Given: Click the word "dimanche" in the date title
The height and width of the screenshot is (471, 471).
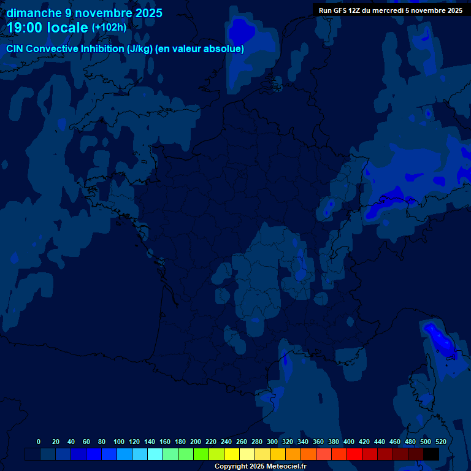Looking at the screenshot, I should [x=34, y=13].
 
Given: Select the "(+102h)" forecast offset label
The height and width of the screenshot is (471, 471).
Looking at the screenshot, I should [x=109, y=28].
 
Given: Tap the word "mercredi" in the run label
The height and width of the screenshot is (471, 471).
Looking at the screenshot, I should [x=388, y=10].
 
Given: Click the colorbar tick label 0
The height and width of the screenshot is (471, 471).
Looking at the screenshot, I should [x=39, y=442].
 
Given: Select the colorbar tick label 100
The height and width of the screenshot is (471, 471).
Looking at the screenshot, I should [x=118, y=442].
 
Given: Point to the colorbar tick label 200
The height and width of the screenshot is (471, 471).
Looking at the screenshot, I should [x=196, y=442].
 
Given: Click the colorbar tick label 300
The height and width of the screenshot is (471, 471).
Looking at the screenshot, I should [x=272, y=442].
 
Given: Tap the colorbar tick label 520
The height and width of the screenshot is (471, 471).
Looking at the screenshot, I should [x=440, y=442].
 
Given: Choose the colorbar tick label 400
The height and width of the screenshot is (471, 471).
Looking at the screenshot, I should [x=349, y=442].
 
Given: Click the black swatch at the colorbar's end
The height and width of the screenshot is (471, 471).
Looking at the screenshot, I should [x=431, y=454].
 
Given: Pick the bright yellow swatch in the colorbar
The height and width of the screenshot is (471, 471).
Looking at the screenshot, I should [x=231, y=454].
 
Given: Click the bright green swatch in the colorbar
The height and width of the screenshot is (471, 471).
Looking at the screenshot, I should [x=201, y=454].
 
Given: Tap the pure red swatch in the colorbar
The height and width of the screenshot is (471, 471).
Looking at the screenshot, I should [x=354, y=454].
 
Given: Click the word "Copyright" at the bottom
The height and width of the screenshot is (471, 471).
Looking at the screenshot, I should [x=231, y=467].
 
